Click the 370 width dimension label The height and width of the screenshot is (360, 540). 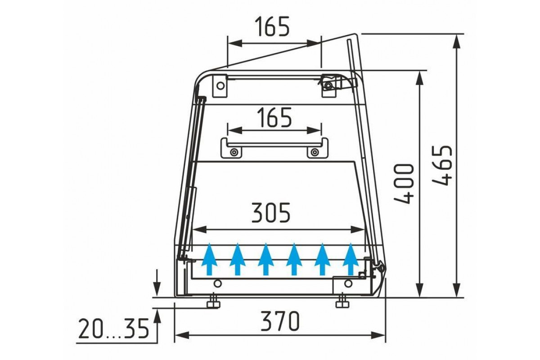[280, 321]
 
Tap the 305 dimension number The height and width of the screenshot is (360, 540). [271, 212]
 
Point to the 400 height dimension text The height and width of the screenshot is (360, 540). [404, 184]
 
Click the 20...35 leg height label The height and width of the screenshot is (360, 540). [113, 328]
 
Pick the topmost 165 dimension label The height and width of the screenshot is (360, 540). [272, 27]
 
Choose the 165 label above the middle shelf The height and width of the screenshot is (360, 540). [274, 117]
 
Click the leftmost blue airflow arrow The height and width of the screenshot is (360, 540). [209, 259]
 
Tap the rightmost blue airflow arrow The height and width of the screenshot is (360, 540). [351, 259]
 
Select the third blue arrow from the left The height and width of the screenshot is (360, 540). [265, 259]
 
